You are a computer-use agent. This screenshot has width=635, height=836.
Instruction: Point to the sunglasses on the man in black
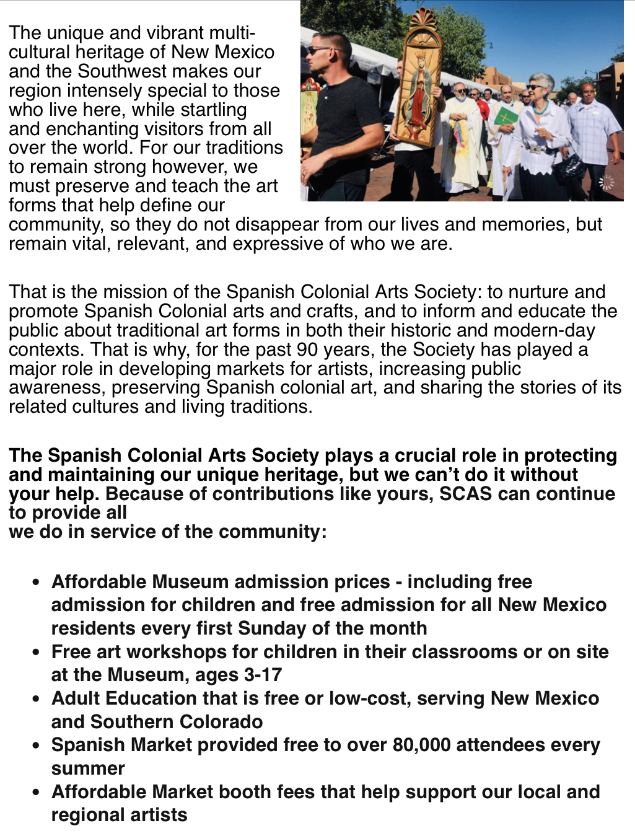(x=320, y=50)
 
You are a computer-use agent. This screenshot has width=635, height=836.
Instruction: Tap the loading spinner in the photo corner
(x=607, y=182)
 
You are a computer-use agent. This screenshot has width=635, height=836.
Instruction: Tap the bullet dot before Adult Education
(x=38, y=698)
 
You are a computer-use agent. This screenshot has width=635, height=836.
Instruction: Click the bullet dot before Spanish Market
(x=38, y=745)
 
